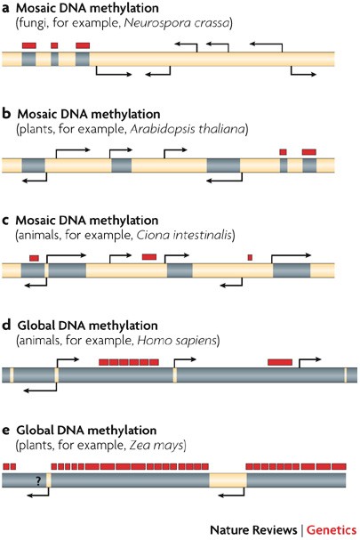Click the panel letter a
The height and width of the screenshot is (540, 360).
tap(5, 8)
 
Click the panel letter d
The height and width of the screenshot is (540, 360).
tap(6, 325)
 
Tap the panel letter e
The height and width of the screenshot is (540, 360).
tap(6, 431)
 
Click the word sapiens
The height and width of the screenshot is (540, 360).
tap(196, 341)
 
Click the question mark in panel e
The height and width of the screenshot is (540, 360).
tap(38, 480)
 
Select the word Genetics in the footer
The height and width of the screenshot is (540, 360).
tap(332, 529)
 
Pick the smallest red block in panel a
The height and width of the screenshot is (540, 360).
tap(54, 45)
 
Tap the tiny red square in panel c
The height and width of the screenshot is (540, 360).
tap(250, 257)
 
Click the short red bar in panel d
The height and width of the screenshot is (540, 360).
tap(280, 362)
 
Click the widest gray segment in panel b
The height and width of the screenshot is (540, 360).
tap(223, 165)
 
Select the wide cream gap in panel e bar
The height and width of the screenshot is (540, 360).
tap(228, 480)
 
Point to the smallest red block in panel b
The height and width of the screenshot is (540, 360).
tap(283, 152)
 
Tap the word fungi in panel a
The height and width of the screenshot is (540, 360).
tap(31, 24)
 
